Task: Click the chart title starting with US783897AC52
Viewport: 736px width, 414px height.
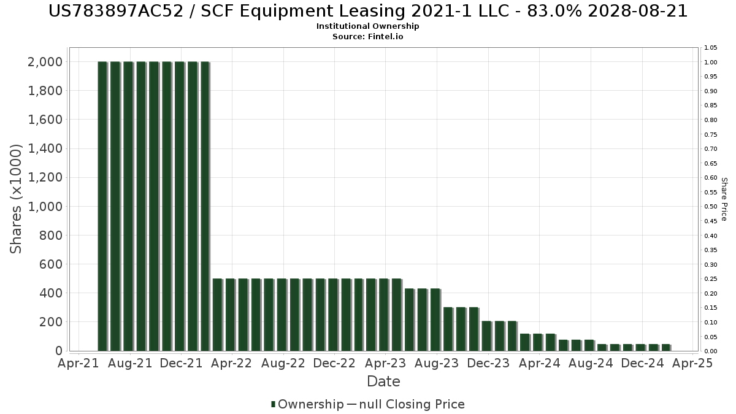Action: click(367, 11)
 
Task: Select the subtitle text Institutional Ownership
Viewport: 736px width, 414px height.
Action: click(367, 26)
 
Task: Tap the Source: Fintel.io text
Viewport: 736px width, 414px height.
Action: click(367, 37)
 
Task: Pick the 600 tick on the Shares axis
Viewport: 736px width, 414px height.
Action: click(51, 264)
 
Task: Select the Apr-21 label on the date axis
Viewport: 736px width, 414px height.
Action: click(78, 364)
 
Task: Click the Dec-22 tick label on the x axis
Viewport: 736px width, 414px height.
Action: click(334, 364)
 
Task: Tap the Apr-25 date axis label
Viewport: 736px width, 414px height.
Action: click(692, 364)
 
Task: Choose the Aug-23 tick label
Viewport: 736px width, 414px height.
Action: click(437, 364)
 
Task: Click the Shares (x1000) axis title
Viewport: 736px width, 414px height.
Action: click(17, 199)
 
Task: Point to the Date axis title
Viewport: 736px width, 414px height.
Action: click(383, 381)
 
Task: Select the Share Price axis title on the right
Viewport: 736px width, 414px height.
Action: click(724, 199)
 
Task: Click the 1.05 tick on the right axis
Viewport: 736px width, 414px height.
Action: click(711, 48)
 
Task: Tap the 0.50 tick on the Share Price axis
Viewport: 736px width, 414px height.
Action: click(711, 207)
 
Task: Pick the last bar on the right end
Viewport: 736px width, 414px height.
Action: click(665, 348)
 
